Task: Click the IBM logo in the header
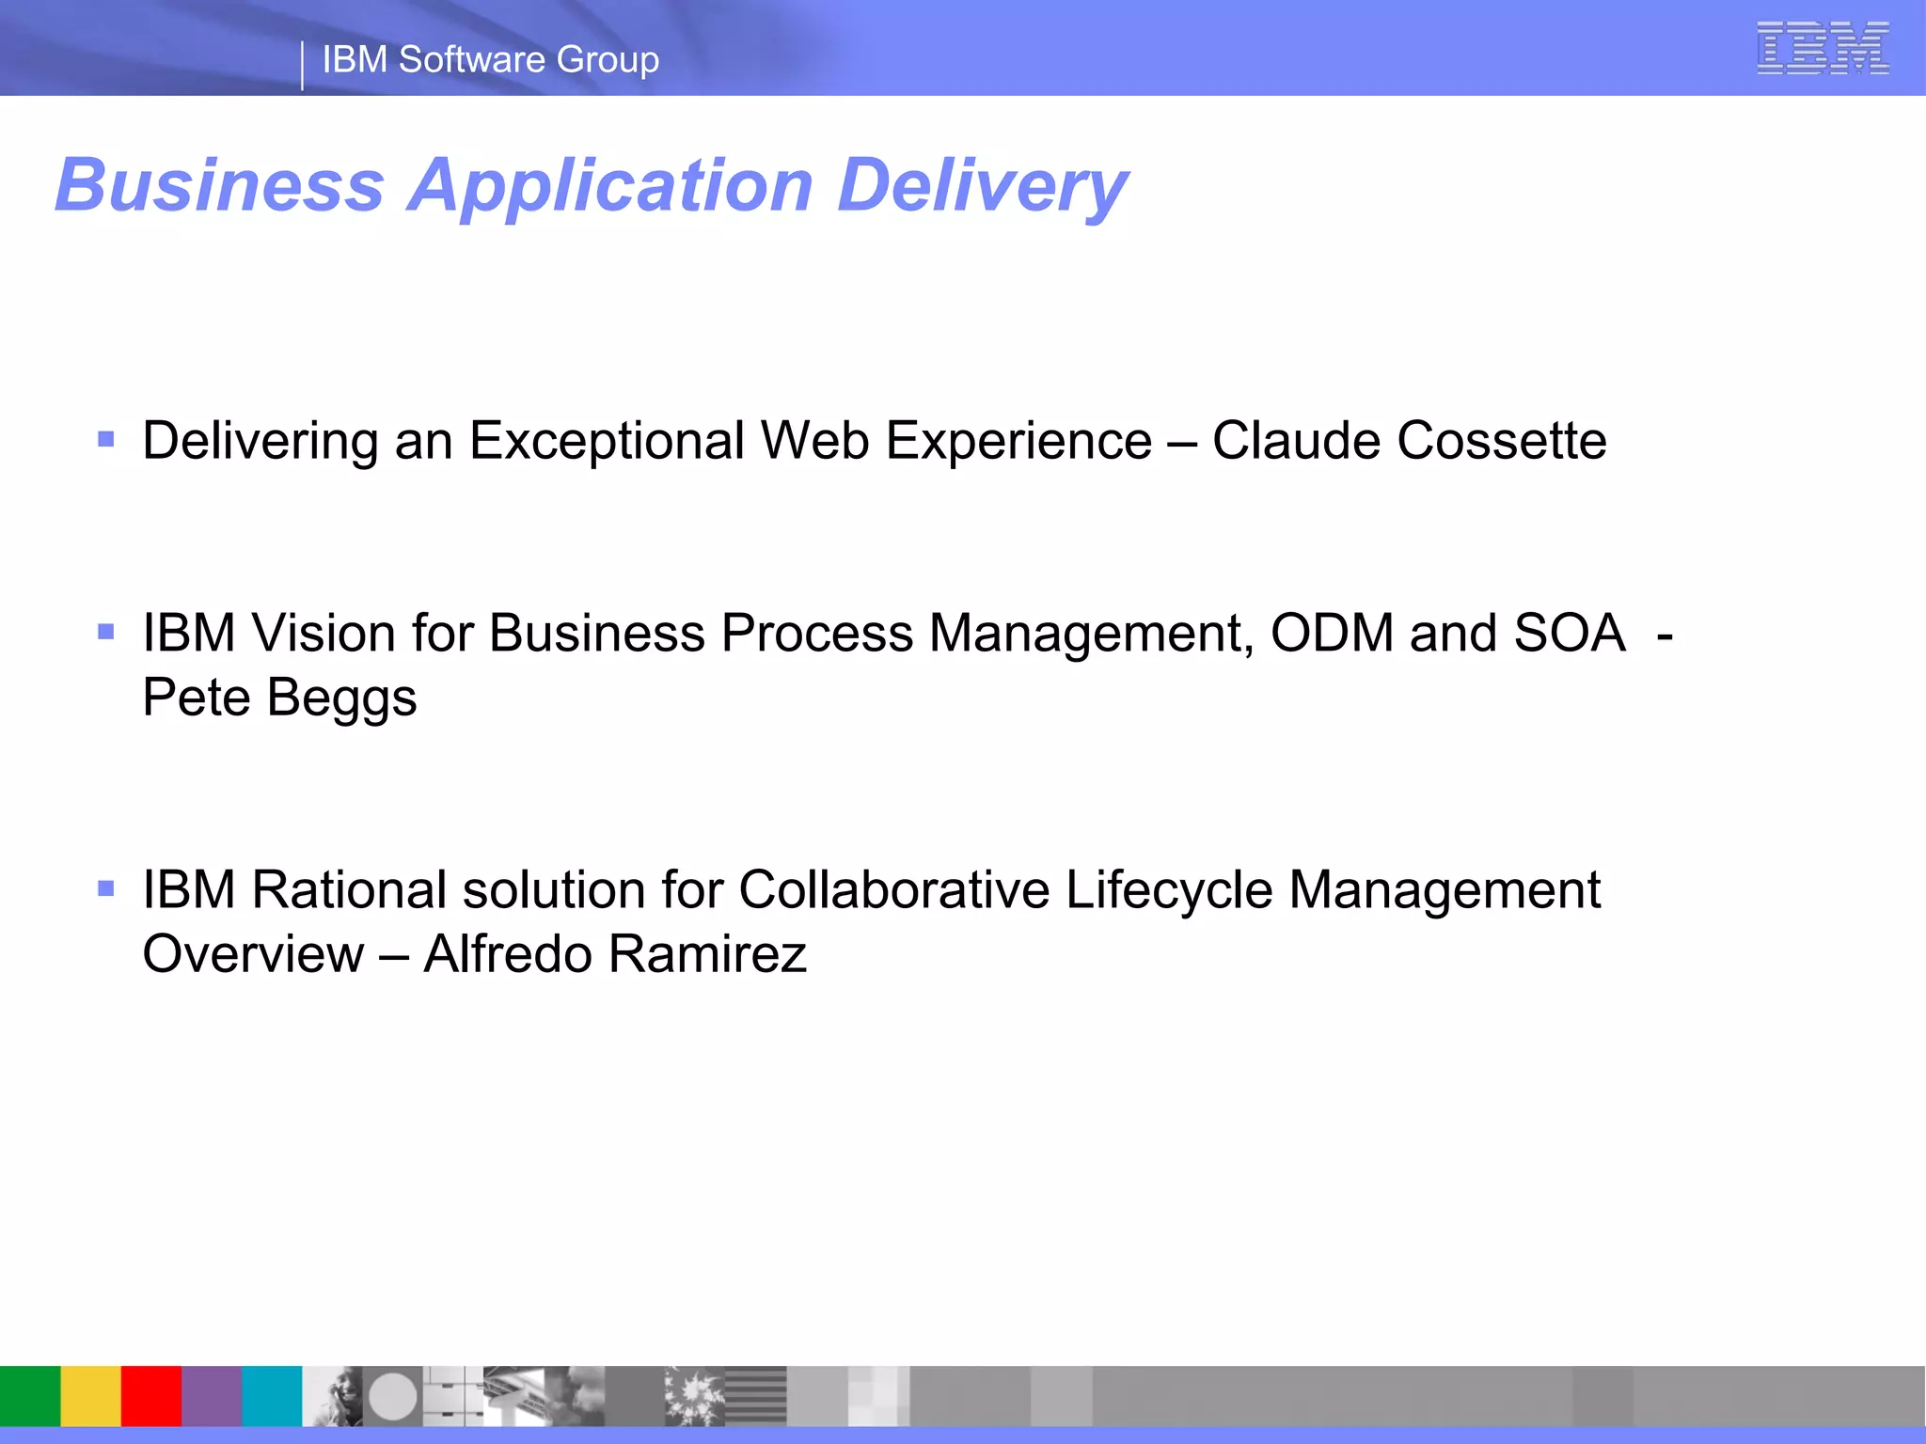(1823, 48)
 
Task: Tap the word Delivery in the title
(983, 185)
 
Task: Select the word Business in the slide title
(220, 185)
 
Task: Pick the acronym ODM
(1332, 633)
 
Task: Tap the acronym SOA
(1569, 633)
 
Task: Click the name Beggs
(341, 698)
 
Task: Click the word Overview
(253, 954)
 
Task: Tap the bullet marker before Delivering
(106, 439)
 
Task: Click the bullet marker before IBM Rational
(106, 887)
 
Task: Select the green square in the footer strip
(30, 1396)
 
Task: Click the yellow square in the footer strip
(91, 1396)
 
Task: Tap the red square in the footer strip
(151, 1396)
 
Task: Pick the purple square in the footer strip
(212, 1396)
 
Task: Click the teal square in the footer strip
(272, 1396)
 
